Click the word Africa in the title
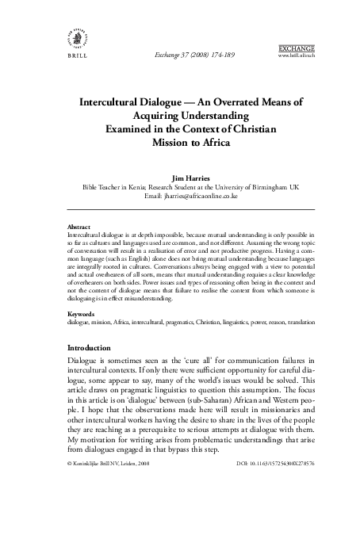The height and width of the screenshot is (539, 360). [x=209, y=143]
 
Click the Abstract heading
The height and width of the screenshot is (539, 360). [x=81, y=227]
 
